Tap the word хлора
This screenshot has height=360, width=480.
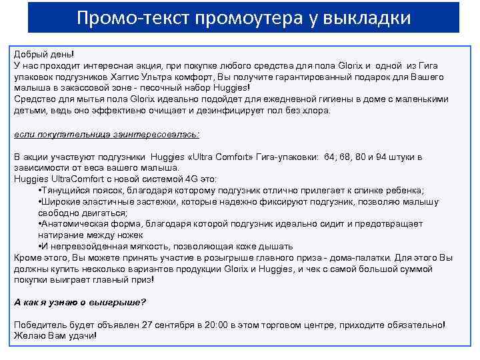pyautogui.click(x=317, y=110)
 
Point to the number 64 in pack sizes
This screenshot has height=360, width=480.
pyautogui.click(x=330, y=157)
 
